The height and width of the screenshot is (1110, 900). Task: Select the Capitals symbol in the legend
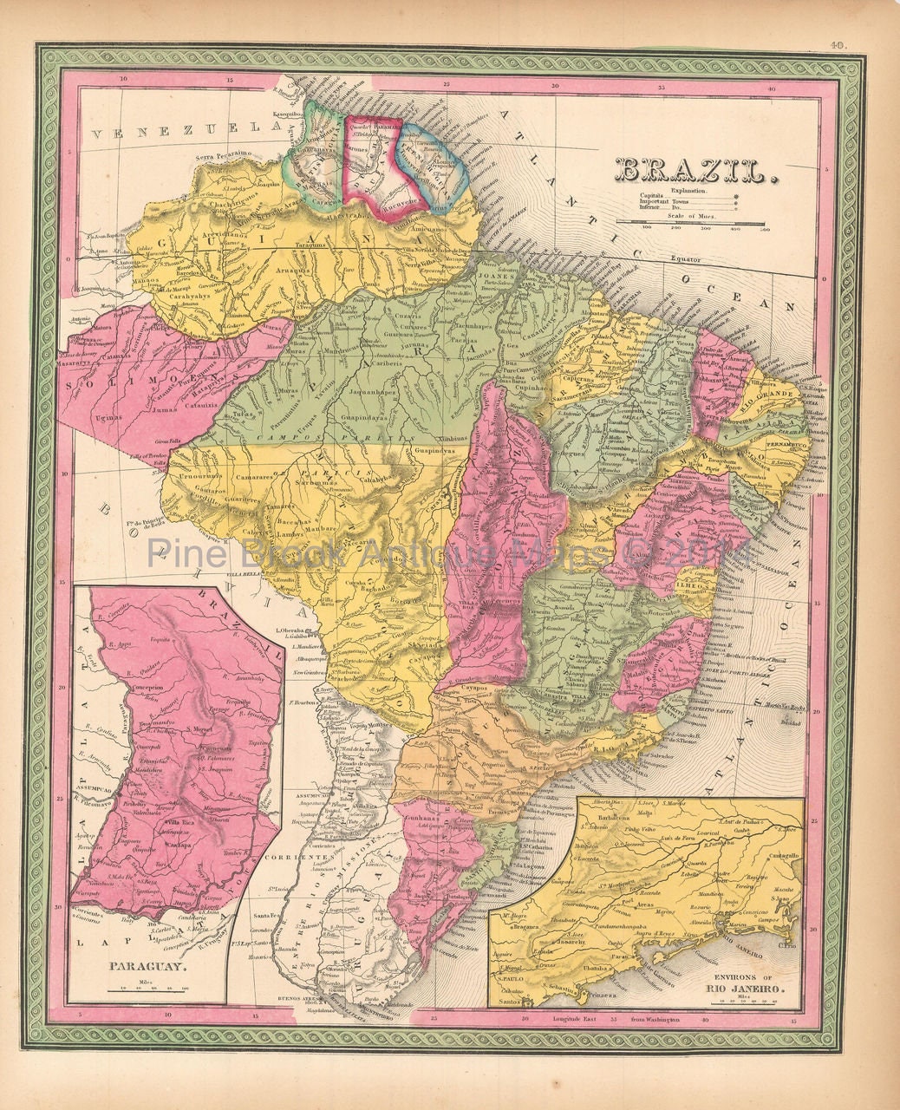tap(738, 197)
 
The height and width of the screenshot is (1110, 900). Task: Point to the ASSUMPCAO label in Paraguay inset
tap(99, 767)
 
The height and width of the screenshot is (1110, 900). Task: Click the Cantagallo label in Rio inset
tap(778, 854)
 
